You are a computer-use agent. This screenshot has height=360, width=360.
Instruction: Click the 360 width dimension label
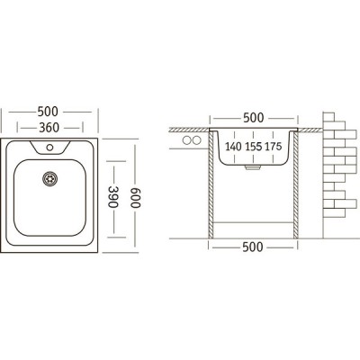pos(49,128)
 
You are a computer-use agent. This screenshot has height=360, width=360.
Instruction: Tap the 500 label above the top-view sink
pos(48,112)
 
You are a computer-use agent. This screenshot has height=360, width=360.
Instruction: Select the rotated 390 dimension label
pos(113,197)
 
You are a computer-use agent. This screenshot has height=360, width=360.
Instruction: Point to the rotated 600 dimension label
pos(135,198)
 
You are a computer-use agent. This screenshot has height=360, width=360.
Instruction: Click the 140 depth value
pos(233,147)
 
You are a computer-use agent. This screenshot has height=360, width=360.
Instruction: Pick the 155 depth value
pos(254,147)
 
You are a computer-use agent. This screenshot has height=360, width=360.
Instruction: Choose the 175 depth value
pos(274,147)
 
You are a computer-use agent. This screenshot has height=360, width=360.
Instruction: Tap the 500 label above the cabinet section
pos(254,118)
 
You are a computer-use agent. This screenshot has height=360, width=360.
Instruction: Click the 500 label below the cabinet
pos(253,247)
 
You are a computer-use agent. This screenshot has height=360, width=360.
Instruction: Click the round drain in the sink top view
pos(49,179)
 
